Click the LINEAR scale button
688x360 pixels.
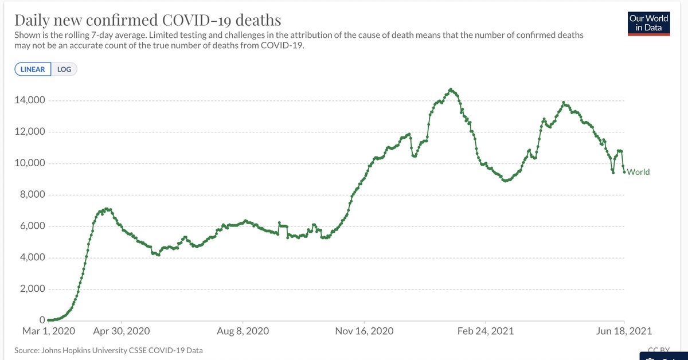33,69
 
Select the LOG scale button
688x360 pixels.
64,69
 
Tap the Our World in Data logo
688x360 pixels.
649,24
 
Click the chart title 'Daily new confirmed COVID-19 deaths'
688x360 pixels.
147,21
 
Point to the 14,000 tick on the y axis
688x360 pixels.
28,101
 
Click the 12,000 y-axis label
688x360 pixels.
28,132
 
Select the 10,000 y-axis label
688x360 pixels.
28,164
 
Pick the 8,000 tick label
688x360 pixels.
30,195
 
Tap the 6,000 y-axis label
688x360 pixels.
30,226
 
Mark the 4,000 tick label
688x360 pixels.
30,258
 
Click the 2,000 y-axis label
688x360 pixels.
30,289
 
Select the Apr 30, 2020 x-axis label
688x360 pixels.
122,331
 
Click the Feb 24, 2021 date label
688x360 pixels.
485,331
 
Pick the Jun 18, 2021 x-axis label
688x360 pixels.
624,331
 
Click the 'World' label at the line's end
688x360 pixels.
639,171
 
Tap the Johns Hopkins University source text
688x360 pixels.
108,350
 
